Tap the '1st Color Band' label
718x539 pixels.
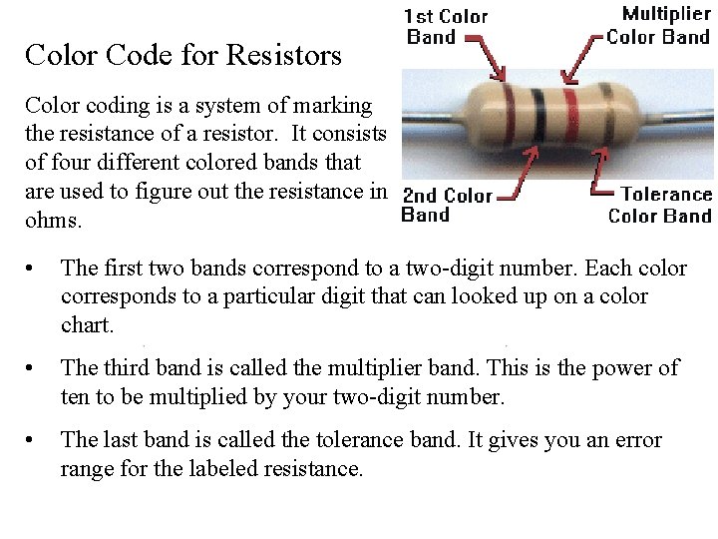pos(446,27)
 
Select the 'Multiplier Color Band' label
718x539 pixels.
pos(659,26)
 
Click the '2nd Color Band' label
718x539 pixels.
pos(446,205)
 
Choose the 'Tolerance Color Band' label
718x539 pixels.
pos(660,205)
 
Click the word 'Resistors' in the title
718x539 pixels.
pos(284,55)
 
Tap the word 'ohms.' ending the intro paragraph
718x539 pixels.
pos(56,219)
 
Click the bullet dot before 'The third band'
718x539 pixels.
pos(34,369)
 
